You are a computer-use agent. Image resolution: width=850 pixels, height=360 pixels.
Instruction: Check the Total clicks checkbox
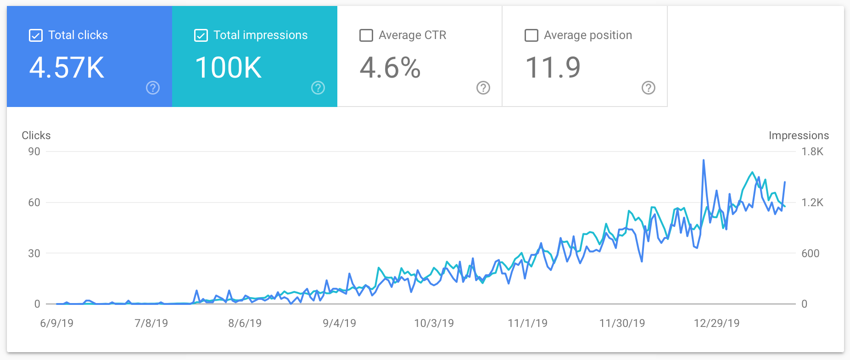(36, 35)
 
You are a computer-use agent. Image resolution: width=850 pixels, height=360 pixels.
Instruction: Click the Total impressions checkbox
(201, 35)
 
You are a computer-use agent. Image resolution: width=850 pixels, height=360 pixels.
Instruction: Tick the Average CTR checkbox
(366, 35)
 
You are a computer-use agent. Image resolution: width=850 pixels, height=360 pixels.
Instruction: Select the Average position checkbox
(531, 35)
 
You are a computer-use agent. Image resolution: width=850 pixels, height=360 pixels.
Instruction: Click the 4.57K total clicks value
(67, 68)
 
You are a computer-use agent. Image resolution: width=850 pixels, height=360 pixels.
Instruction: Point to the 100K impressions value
(228, 68)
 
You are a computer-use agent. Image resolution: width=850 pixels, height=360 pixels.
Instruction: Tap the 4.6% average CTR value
(390, 68)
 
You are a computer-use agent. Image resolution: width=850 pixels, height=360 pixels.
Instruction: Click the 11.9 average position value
(553, 68)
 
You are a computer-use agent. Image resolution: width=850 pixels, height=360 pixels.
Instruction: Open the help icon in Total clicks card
(153, 88)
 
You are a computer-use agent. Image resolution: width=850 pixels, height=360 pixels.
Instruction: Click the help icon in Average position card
(649, 88)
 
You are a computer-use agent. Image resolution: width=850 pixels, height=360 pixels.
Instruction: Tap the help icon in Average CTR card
(483, 88)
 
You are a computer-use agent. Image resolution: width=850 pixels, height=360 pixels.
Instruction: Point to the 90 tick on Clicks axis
(34, 152)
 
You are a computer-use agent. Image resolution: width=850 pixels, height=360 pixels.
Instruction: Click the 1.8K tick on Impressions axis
(812, 152)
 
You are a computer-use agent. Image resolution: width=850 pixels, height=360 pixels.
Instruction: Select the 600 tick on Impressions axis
(810, 253)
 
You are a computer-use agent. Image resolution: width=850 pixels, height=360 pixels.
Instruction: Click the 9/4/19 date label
(339, 323)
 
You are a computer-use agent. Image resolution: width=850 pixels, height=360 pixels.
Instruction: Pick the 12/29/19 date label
(716, 323)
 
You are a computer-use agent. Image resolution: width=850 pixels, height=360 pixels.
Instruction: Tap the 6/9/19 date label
(57, 323)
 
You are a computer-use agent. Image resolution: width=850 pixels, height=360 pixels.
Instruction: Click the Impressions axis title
(799, 135)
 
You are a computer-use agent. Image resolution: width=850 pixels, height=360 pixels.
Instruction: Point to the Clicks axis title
(36, 135)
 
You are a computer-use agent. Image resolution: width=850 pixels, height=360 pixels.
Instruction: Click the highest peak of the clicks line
(704, 160)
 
